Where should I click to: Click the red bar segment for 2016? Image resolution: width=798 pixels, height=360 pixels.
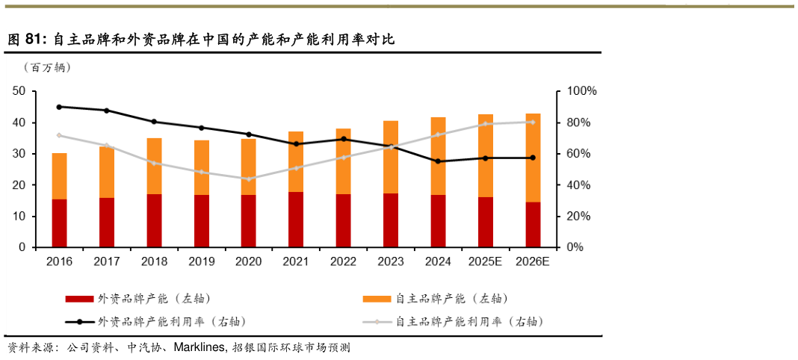pyautogui.click(x=59, y=223)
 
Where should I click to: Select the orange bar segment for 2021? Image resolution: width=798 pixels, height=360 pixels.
pyautogui.click(x=296, y=161)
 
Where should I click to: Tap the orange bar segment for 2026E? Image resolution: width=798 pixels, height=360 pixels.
pyautogui.click(x=533, y=158)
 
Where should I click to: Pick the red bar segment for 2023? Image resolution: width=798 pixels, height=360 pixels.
pyautogui.click(x=391, y=220)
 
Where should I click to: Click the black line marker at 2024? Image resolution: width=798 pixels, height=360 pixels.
pyautogui.click(x=438, y=161)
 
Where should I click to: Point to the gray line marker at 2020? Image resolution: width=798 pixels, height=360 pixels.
pyautogui.click(x=249, y=179)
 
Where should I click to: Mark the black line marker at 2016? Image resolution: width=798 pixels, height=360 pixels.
pyautogui.click(x=59, y=107)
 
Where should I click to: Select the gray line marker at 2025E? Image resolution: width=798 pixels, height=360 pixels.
pyautogui.click(x=485, y=124)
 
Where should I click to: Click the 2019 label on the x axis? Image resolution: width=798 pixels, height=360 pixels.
pyautogui.click(x=201, y=261)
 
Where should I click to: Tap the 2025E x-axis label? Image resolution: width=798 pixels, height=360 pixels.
pyautogui.click(x=485, y=261)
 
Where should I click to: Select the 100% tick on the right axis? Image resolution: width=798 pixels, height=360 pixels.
pyautogui.click(x=580, y=91)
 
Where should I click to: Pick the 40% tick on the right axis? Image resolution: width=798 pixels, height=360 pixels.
pyautogui.click(x=578, y=184)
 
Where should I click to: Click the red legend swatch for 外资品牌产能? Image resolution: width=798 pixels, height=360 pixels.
pyautogui.click(x=79, y=299)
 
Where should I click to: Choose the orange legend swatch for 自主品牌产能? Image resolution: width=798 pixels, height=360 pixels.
pyautogui.click(x=377, y=299)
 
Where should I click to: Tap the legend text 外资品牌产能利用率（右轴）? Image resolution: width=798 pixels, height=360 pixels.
pyautogui.click(x=172, y=322)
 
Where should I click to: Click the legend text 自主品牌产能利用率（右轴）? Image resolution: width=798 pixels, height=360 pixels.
pyautogui.click(x=468, y=322)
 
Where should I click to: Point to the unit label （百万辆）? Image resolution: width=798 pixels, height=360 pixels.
pyautogui.click(x=47, y=68)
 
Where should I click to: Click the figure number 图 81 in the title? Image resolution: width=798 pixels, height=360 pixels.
pyautogui.click(x=26, y=40)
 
